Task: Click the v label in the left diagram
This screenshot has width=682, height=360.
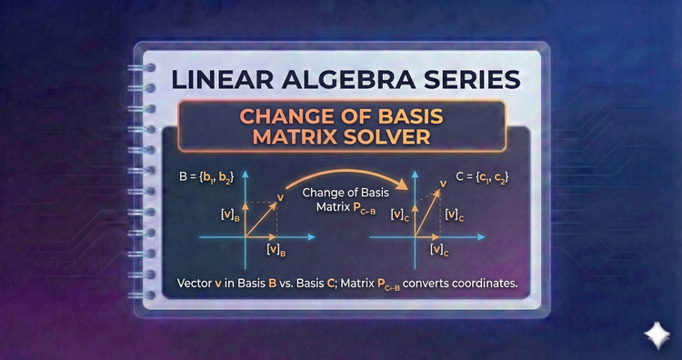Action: pos(279,196)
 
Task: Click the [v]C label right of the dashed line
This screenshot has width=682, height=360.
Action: pos(457,215)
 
